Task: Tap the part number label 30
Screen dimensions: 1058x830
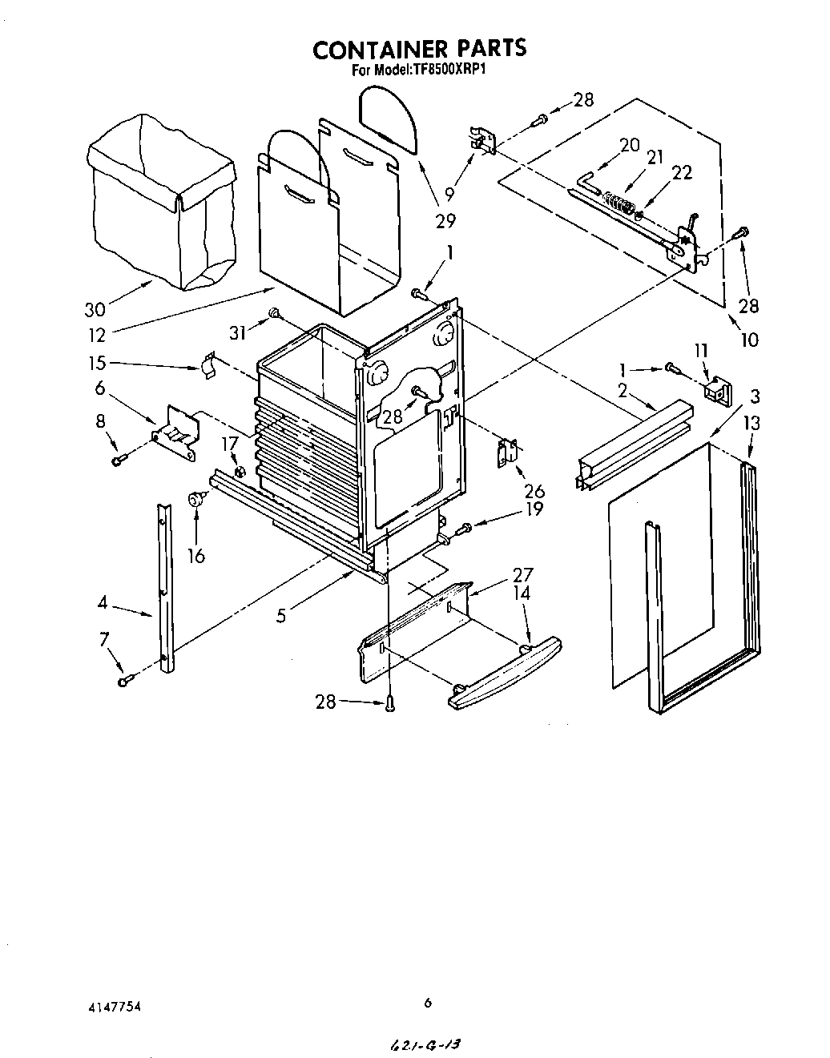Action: [95, 309]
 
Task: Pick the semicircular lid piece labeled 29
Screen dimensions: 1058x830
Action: [389, 119]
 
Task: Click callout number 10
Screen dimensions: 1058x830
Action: [748, 339]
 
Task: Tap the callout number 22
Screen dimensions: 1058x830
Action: [682, 172]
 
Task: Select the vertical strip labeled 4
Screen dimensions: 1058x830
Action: [164, 589]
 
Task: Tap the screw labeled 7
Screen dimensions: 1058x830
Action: [125, 681]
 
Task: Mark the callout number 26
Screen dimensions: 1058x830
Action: [534, 491]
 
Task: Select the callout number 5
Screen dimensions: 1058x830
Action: [280, 615]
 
